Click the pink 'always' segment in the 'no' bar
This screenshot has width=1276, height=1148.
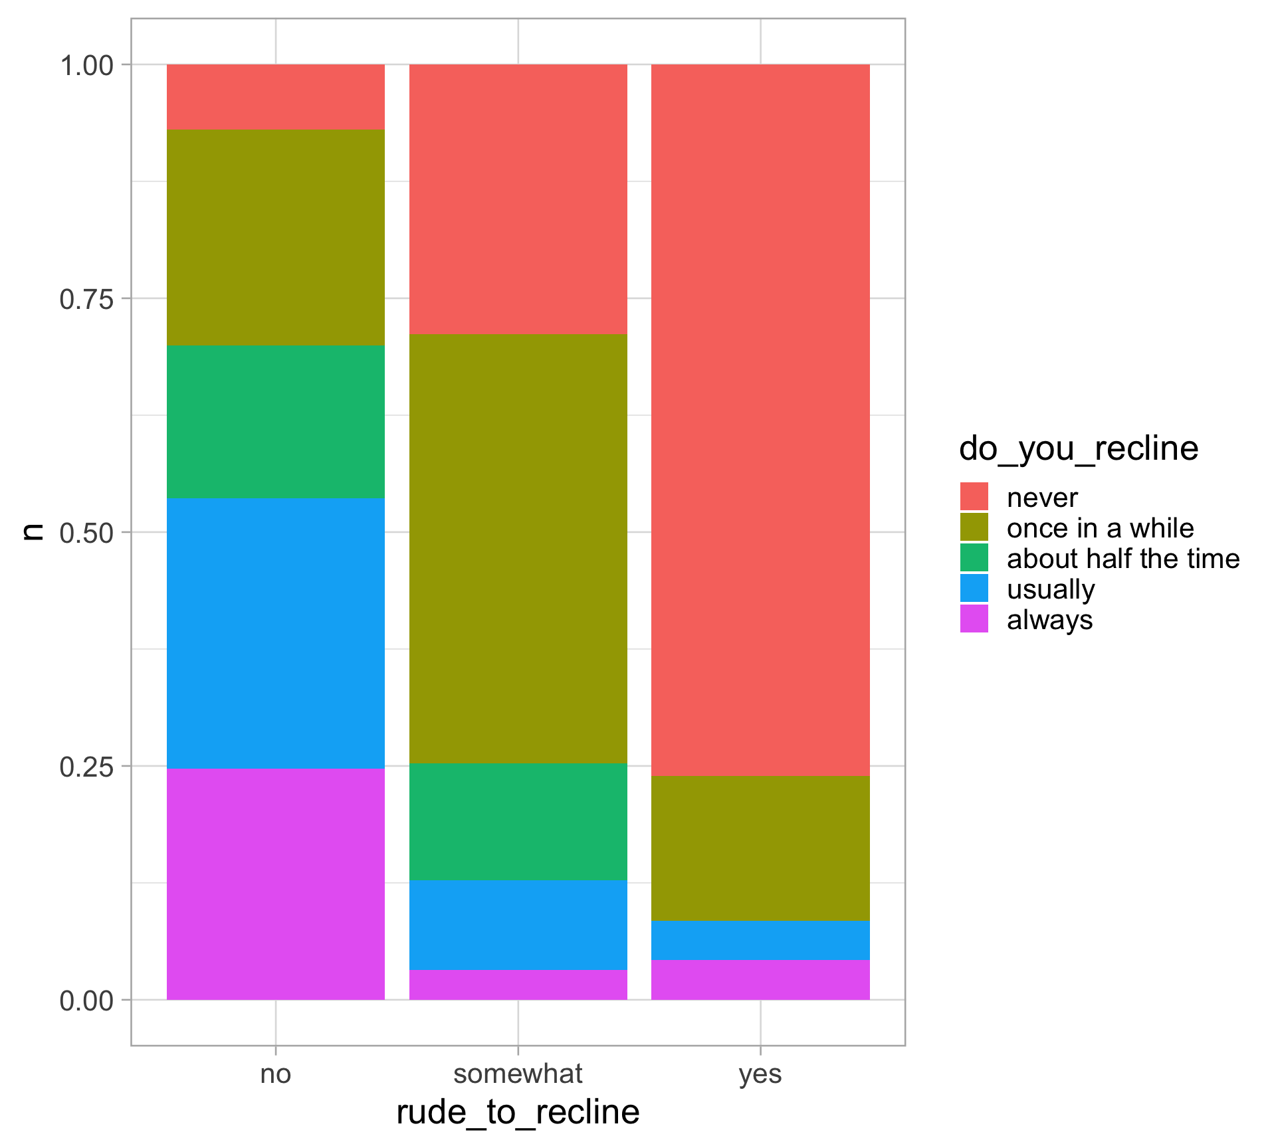[275, 884]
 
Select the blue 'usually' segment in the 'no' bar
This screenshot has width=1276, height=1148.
[275, 632]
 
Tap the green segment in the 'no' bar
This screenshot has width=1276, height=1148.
[275, 421]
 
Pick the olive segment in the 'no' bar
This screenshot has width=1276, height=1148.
[275, 237]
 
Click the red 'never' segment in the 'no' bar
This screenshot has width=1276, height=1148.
[275, 97]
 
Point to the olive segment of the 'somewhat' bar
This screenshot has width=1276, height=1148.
[518, 549]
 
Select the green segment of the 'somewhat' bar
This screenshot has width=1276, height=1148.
[518, 822]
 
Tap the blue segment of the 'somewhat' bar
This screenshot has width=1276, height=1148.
[518, 925]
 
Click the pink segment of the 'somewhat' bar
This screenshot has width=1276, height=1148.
[518, 985]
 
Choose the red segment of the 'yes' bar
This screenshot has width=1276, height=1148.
[760, 420]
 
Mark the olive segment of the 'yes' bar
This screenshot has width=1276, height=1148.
[760, 848]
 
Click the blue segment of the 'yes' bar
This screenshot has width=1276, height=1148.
[760, 940]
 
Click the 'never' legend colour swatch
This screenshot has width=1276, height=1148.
[974, 496]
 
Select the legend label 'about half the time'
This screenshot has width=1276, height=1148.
[1122, 559]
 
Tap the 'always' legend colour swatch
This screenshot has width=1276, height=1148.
[974, 619]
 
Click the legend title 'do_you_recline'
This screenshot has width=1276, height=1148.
[1078, 448]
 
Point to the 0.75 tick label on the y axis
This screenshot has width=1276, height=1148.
[86, 299]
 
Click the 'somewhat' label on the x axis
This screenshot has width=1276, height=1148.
[518, 1074]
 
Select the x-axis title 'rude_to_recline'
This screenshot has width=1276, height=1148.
[518, 1112]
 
